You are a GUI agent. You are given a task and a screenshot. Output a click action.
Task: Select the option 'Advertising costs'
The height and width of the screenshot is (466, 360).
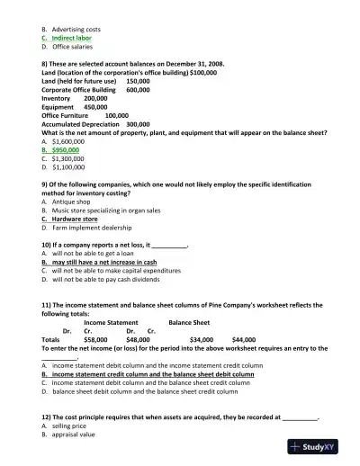click(x=79, y=29)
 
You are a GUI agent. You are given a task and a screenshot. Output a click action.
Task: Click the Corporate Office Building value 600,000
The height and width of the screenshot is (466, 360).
click(x=138, y=90)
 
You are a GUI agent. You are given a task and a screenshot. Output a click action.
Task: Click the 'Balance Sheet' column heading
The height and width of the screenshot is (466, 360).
click(x=189, y=321)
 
